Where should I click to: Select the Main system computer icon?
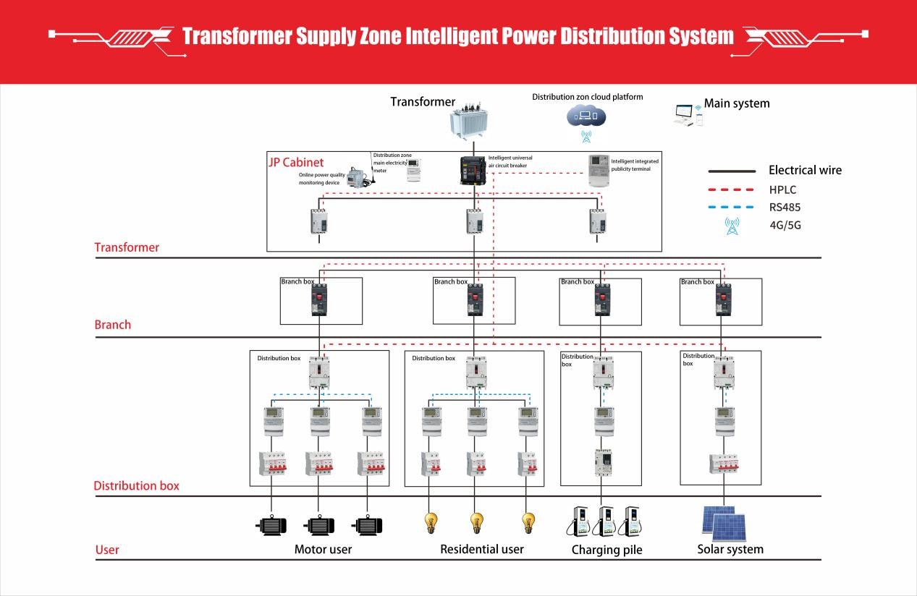click(x=687, y=114)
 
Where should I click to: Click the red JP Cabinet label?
click(x=296, y=163)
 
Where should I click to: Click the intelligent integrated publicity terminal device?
click(x=598, y=171)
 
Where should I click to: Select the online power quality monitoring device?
click(x=357, y=177)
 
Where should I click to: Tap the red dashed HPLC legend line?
click(x=730, y=190)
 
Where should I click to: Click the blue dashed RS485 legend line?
click(x=730, y=208)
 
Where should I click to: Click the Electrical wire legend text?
click(x=805, y=171)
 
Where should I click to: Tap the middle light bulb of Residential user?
click(x=476, y=521)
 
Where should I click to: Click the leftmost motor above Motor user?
click(x=271, y=525)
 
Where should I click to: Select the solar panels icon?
click(x=724, y=522)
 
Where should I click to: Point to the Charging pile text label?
click(x=607, y=550)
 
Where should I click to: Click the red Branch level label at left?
click(x=113, y=325)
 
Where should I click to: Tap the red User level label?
click(x=107, y=550)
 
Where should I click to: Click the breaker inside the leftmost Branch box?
click(x=318, y=299)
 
